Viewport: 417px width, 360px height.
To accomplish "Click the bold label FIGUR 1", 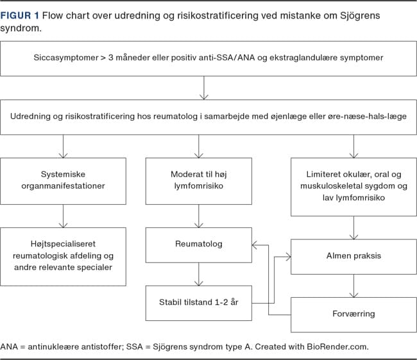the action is click(x=20, y=15).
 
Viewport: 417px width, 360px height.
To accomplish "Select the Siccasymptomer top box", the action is click(x=208, y=58).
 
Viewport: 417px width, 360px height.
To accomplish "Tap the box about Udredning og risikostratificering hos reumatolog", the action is click(x=208, y=117).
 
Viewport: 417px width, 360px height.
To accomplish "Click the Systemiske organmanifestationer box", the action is click(x=63, y=181).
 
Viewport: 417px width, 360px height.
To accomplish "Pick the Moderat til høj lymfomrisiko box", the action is click(x=199, y=181).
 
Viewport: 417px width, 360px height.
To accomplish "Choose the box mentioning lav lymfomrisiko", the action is click(x=353, y=187).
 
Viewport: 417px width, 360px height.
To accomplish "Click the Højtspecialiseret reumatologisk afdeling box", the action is click(x=63, y=257).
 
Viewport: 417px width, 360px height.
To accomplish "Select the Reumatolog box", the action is click(x=199, y=244).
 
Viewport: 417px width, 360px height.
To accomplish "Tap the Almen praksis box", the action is click(x=353, y=257).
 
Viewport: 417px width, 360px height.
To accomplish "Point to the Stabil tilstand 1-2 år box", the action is click(x=199, y=303).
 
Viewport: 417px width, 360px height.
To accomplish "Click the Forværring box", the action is click(x=353, y=315).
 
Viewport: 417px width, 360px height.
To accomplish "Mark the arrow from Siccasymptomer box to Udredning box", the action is click(x=204, y=88).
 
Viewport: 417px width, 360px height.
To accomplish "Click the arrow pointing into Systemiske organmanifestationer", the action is click(x=63, y=146).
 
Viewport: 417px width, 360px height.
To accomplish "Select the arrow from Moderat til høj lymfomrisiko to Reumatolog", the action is click(x=199, y=216).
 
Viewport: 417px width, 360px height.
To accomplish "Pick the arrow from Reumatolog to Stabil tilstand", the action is click(x=199, y=274).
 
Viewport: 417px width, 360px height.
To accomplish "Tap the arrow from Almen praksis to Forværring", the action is click(x=353, y=286).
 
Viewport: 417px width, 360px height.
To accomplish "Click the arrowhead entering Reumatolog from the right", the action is click(x=255, y=244).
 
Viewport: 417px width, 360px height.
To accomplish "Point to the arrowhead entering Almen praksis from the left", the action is click(x=288, y=257).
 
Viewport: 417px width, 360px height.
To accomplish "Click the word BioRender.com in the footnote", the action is click(x=337, y=347).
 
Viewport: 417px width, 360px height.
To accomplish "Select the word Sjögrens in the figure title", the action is click(x=359, y=16).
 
